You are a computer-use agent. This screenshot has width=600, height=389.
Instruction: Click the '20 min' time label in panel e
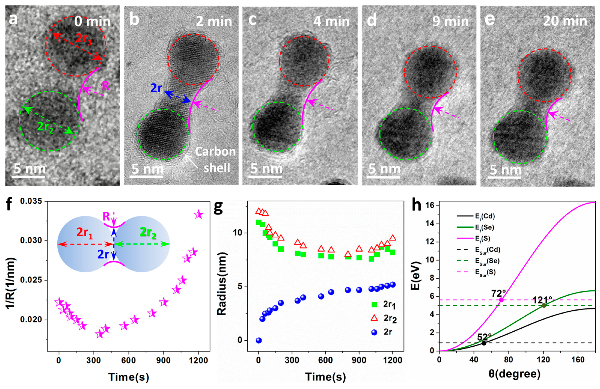click(565, 21)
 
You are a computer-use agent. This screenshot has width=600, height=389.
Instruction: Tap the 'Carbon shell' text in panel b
click(216, 160)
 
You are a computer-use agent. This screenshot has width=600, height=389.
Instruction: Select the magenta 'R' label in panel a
click(105, 86)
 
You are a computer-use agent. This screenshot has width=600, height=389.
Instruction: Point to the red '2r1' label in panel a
click(84, 39)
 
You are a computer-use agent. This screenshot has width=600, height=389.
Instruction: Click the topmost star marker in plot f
click(199, 215)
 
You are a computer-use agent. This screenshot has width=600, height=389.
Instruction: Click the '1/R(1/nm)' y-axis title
click(11, 283)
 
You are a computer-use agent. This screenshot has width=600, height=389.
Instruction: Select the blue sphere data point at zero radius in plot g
click(259, 340)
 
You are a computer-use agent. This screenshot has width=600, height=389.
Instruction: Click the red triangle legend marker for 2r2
click(374, 318)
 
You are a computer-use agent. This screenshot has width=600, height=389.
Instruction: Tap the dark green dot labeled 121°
click(544, 305)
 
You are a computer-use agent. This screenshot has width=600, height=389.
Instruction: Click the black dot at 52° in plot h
click(484, 343)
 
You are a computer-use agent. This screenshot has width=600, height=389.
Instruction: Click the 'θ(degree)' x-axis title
click(514, 374)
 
